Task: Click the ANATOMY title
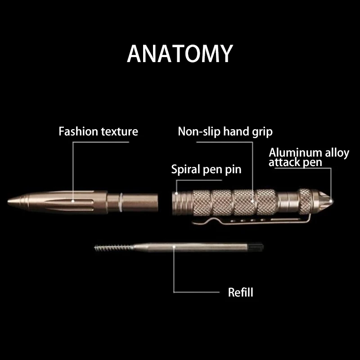(x=180, y=54)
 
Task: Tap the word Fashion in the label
(x=78, y=131)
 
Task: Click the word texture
(x=119, y=131)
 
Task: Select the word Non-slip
(x=199, y=131)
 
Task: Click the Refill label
(x=240, y=292)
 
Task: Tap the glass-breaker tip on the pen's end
(x=328, y=201)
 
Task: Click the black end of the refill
(x=256, y=247)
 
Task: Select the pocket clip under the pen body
(x=252, y=220)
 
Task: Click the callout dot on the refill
(x=174, y=247)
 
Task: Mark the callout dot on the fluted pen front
(x=73, y=201)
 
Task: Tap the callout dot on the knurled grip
(x=252, y=201)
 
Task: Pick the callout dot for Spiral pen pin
(x=176, y=193)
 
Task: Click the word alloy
(x=337, y=153)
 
